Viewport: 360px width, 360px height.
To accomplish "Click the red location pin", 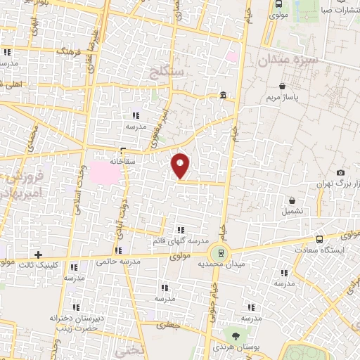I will point(181,165).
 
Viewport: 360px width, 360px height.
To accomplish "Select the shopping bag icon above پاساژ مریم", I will point(282,86).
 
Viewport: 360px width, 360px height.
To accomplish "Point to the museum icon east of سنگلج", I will point(223,96).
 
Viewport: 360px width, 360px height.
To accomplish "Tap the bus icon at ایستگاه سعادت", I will point(320,239).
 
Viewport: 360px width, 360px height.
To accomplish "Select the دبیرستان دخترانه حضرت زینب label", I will point(77,323).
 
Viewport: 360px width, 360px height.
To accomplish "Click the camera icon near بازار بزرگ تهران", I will point(341,173).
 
